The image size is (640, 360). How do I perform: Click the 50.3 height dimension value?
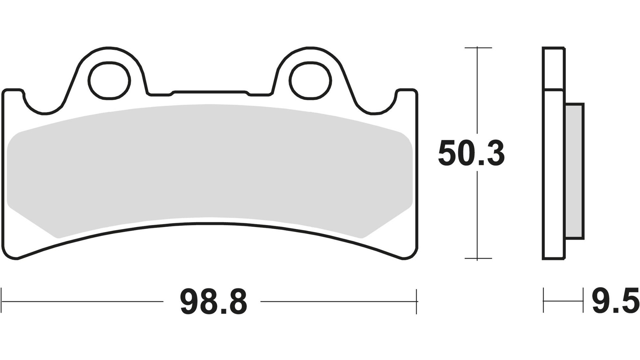click(471, 153)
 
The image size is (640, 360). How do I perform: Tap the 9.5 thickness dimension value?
click(615, 302)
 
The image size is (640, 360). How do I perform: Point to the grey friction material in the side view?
click(574, 171)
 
